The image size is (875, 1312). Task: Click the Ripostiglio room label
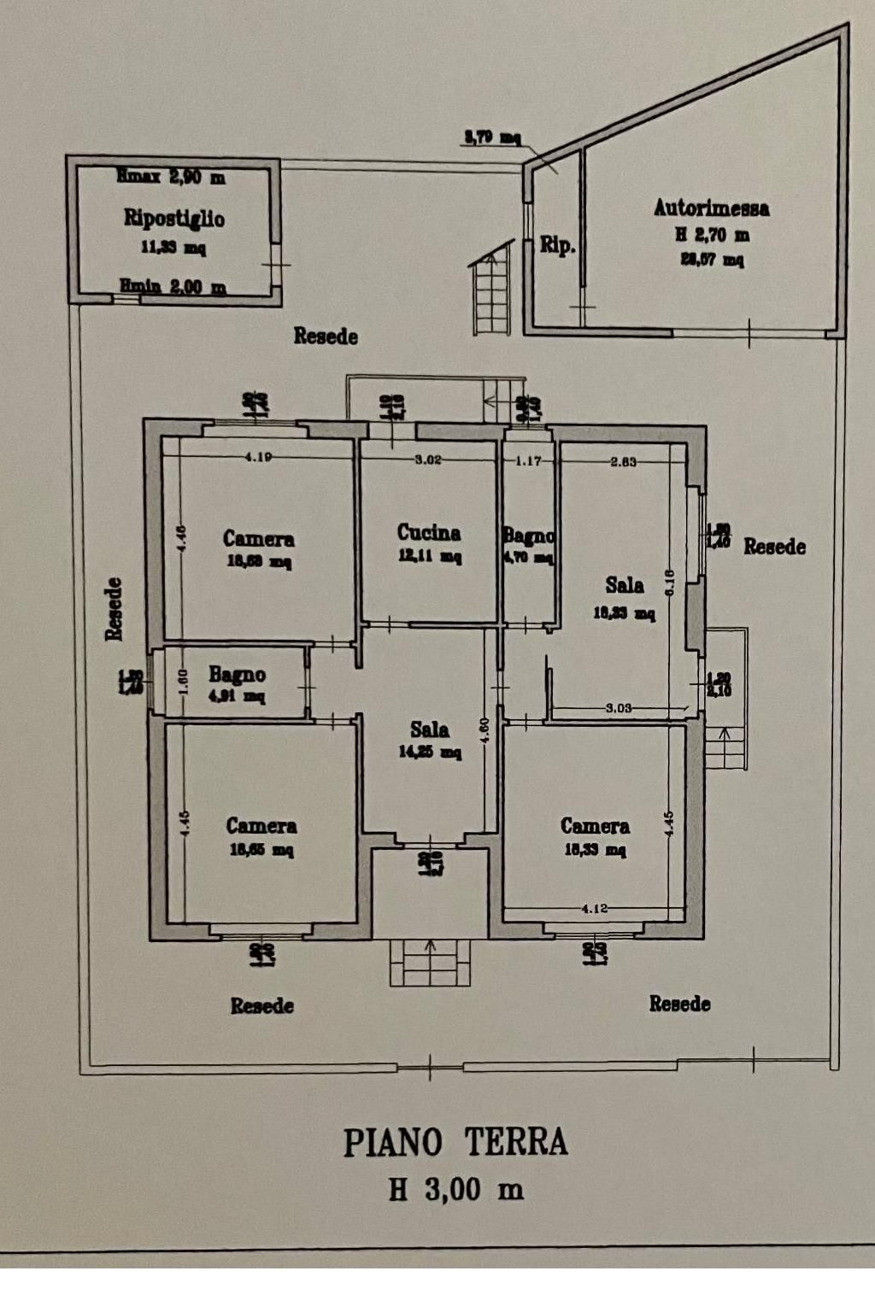[x=174, y=219]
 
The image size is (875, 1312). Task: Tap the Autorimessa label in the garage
[x=711, y=208]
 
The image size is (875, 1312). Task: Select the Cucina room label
[x=429, y=533]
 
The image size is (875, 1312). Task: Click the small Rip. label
[x=557, y=246]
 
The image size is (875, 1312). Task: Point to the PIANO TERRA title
[x=455, y=1143]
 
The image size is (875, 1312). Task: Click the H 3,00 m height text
[x=455, y=1189]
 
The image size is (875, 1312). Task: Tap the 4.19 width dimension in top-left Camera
[x=258, y=457]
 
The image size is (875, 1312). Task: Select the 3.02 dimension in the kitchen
[x=428, y=460]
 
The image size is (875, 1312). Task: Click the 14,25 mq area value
[x=430, y=753]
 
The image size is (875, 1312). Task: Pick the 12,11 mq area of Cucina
[x=430, y=557]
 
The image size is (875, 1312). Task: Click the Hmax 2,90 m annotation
[x=171, y=177]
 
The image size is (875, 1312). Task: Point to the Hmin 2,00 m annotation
[x=173, y=287]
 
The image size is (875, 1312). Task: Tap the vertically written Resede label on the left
[x=114, y=608]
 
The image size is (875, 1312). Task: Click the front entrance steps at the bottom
[x=430, y=962]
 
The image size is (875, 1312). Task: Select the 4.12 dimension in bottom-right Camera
[x=594, y=908]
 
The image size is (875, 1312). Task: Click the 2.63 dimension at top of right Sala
[x=623, y=462]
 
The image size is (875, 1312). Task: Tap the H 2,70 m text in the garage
[x=712, y=235]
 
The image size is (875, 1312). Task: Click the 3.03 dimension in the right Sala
[x=619, y=707]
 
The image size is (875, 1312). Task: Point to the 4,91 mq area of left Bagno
[x=237, y=696]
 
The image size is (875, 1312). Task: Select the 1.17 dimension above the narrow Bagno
[x=529, y=461]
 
